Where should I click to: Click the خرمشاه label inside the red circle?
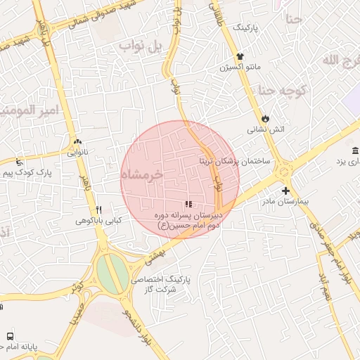[142, 174]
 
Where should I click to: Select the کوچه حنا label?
[281, 90]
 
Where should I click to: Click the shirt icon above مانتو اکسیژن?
[241, 56]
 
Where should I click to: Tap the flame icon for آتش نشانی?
[265, 118]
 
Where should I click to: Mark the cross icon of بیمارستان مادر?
[285, 191]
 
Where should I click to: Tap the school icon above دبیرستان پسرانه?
[188, 204]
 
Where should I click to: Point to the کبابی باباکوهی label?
[99, 221]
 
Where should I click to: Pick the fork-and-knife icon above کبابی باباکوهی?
[99, 210]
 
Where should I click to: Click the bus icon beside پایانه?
[10, 336]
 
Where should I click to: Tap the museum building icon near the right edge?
[354, 151]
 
